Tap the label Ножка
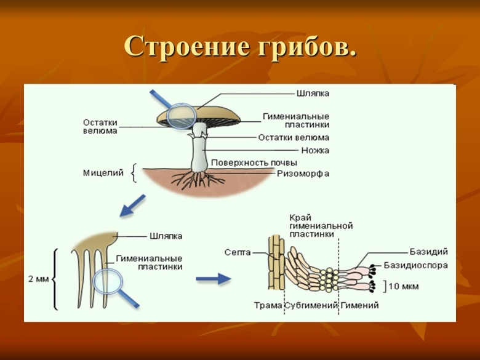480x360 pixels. pyautogui.click(x=315, y=150)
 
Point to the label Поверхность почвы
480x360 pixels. pyautogui.click(x=254, y=162)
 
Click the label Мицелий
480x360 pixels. pyautogui.click(x=103, y=173)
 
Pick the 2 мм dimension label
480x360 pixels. pyautogui.click(x=39, y=279)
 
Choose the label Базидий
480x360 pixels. pyautogui.click(x=428, y=252)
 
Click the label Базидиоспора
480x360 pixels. pyautogui.click(x=415, y=265)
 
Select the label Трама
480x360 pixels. pyautogui.click(x=268, y=305)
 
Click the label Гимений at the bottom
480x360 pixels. pyautogui.click(x=359, y=305)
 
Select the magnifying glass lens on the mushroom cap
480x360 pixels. pyautogui.click(x=182, y=116)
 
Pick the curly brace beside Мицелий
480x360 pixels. pyautogui.click(x=134, y=174)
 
